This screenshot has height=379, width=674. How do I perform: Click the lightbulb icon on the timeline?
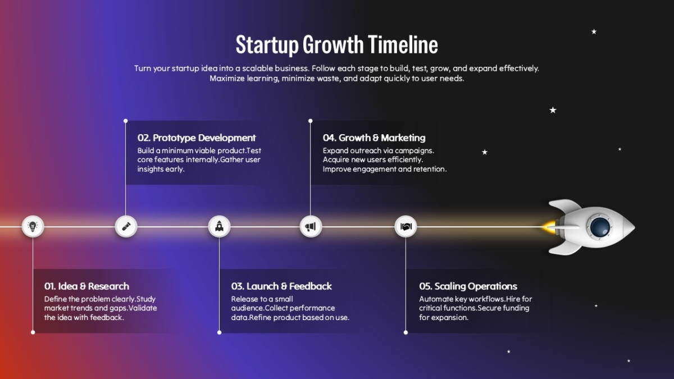tap(33, 226)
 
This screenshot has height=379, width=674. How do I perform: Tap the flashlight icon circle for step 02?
tap(126, 226)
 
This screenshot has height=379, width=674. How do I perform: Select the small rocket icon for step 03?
tap(219, 226)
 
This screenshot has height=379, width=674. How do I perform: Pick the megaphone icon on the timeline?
tap(311, 226)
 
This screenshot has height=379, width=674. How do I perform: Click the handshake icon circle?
tap(406, 226)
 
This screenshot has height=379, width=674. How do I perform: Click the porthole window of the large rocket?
tap(600, 227)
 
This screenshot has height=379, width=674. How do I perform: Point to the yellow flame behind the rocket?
tap(549, 227)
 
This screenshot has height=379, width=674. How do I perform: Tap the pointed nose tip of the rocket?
tap(635, 227)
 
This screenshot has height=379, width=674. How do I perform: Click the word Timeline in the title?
tap(403, 44)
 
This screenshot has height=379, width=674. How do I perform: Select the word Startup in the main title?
tap(267, 45)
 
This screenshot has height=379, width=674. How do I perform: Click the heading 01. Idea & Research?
tap(86, 286)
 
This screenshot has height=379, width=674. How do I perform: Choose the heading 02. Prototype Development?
tap(197, 138)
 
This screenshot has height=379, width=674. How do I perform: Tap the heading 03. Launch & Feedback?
tap(281, 286)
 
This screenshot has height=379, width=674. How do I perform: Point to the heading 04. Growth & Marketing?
tap(374, 138)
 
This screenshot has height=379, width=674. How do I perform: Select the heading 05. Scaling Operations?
tap(468, 286)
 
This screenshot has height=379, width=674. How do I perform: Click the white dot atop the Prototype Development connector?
tap(125, 121)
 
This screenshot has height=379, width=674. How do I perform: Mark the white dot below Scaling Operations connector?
tap(406, 332)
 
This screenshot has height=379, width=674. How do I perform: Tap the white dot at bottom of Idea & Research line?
tap(33, 332)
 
